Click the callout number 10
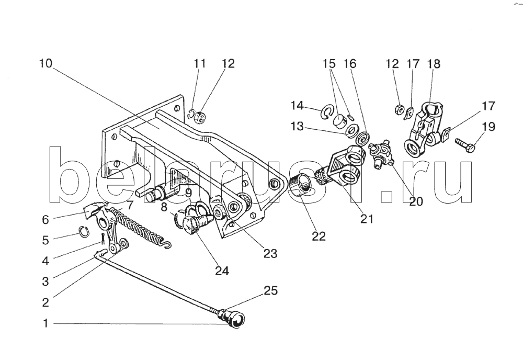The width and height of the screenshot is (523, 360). coord(46,64)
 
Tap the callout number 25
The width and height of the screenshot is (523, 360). coord(270,291)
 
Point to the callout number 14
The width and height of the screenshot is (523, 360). coord(297,106)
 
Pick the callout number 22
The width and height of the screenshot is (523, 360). coord(319,236)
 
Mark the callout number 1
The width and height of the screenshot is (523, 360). coord(46,324)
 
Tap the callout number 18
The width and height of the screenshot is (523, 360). coord(434,64)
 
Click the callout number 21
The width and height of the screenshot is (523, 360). coord(367,219)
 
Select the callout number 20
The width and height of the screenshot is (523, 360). coord(416,200)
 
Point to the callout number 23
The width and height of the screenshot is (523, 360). coord(270,253)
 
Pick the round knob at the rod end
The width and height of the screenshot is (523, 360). coord(234,319)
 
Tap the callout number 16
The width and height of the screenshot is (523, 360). coord(349,64)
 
